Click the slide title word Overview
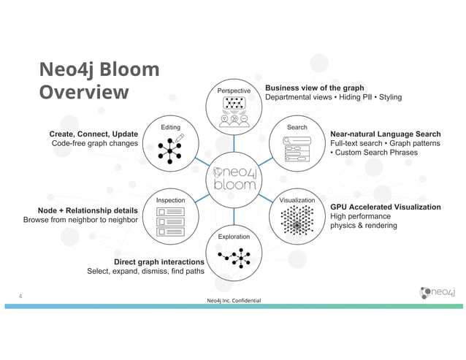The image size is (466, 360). [84, 93]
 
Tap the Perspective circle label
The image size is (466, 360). [234, 91]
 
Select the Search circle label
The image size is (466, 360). [297, 127]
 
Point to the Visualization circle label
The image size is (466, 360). [297, 200]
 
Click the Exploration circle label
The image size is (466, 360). [234, 237]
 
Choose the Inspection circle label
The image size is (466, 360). [170, 200]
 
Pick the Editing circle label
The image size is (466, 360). [170, 127]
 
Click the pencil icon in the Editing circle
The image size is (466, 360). [180, 138]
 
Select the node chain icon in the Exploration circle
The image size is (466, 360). [234, 256]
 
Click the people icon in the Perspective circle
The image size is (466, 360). [234, 118]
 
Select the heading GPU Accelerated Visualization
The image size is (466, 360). [385, 207]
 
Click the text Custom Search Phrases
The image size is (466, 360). [377, 153]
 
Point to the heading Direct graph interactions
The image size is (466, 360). [158, 261]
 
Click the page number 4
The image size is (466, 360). [22, 296]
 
